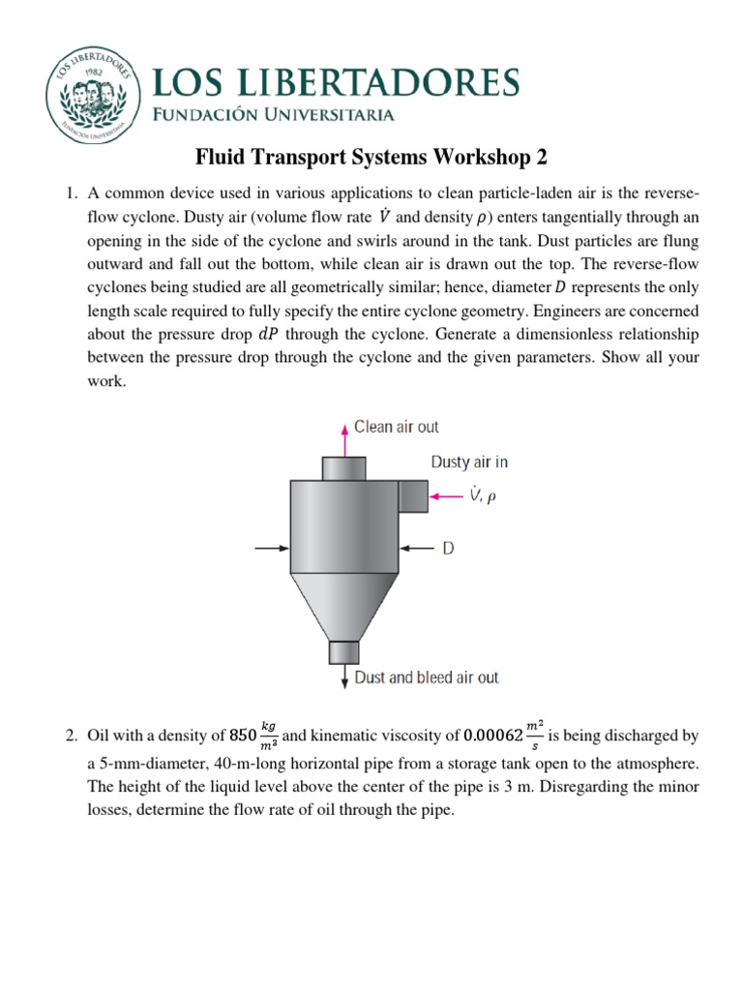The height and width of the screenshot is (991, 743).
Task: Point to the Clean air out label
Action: [396, 426]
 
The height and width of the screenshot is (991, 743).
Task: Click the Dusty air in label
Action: [469, 463]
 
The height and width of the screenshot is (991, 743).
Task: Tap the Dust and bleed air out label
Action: [427, 677]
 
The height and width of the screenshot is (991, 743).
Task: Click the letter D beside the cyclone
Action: [448, 549]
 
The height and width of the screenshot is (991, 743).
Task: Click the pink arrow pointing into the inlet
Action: [448, 496]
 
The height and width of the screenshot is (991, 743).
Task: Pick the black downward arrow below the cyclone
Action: [343, 676]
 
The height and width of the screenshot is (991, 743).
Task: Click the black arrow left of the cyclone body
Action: [271, 549]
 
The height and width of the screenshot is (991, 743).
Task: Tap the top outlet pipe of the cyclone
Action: [343, 468]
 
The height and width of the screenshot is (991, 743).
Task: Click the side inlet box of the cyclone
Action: [413, 496]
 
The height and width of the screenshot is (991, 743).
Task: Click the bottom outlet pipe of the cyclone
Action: [343, 652]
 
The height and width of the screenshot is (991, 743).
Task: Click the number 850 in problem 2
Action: [241, 736]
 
